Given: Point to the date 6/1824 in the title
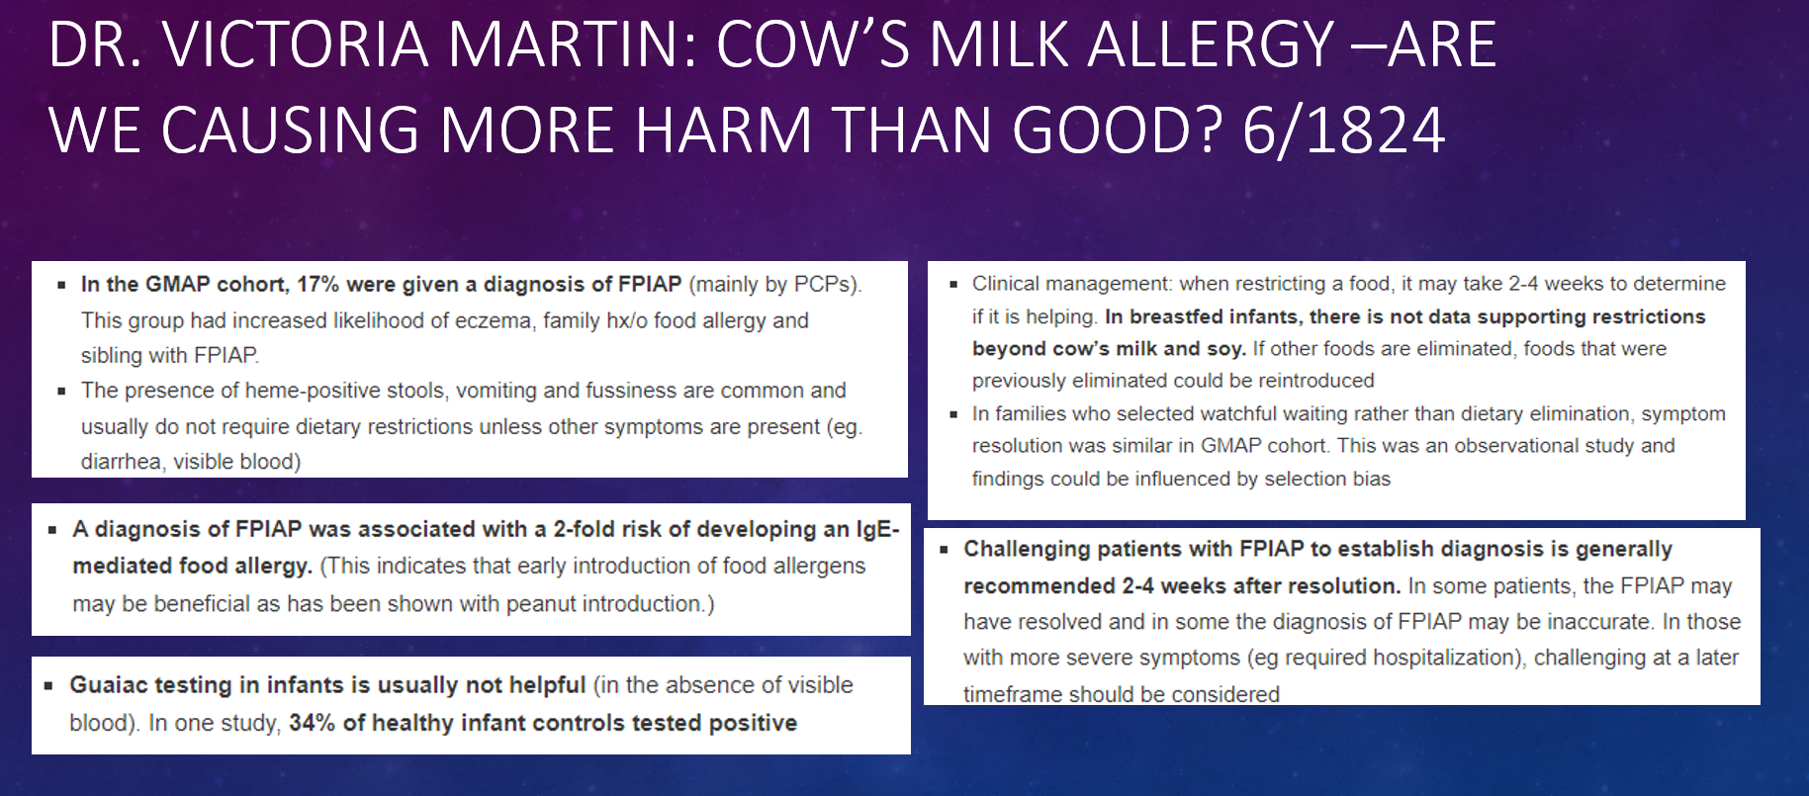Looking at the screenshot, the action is point(1343,131).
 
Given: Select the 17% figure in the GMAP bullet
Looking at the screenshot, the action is point(317,285).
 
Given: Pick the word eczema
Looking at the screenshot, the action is point(498,320).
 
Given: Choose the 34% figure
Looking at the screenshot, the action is point(312,723).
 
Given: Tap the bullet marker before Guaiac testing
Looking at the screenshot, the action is point(48,685).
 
